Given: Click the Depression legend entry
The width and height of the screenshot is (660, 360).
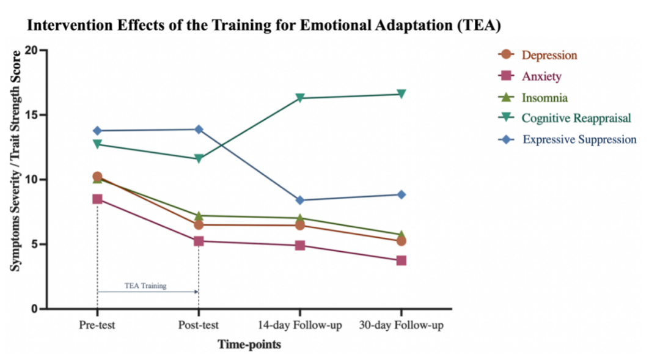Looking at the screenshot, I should coord(549,55).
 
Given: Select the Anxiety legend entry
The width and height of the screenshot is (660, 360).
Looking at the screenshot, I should coord(541,76).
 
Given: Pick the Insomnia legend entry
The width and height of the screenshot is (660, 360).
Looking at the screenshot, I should coord(544,98).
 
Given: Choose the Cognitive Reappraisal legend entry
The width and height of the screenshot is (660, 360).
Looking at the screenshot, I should coord(576,118).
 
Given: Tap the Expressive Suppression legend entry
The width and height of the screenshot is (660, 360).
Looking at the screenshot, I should coord(579,139).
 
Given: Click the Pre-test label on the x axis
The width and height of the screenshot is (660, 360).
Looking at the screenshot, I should coord(97,325).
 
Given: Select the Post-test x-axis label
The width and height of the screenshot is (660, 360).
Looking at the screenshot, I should coord(199,325).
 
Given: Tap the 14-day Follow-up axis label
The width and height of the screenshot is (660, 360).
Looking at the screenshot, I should coord(300,325).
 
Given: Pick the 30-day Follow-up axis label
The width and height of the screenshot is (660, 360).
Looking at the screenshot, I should coord(401,325).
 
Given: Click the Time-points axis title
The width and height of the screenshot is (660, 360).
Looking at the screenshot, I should coord(249,345).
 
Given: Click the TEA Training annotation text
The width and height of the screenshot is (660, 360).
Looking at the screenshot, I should coord(145,285).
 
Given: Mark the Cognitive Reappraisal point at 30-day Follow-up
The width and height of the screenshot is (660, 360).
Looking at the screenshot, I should coord(401,94).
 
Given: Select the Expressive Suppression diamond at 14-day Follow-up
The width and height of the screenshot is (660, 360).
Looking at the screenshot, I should coord(300,200).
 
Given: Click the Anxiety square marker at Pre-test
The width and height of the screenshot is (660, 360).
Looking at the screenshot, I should coord(97,199).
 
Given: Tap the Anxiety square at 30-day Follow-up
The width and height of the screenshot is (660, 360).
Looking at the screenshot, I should coord(401,260).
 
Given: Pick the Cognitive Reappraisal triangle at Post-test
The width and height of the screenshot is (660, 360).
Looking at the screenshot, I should coord(199,159).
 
